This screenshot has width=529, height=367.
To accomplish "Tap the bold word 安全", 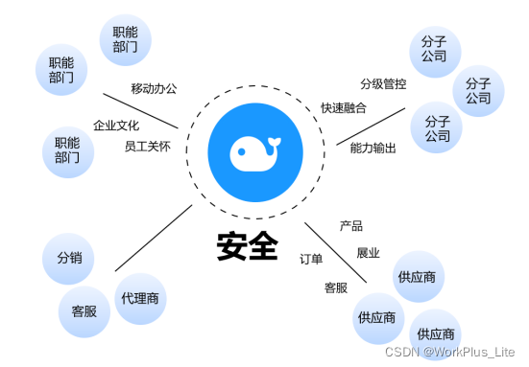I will pyautogui.click(x=247, y=246).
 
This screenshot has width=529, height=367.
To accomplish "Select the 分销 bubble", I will pyautogui.click(x=69, y=258).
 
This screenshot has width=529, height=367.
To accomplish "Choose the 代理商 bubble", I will pyautogui.click(x=139, y=298).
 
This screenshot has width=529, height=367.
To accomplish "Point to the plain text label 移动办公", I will pyautogui.click(x=154, y=89).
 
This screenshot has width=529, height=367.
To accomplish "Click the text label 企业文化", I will pyautogui.click(x=116, y=126).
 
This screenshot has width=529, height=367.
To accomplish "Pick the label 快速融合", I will pyautogui.click(x=344, y=107).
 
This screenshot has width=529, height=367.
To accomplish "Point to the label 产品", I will pyautogui.click(x=351, y=226).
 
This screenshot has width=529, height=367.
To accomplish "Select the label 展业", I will pyautogui.click(x=368, y=253).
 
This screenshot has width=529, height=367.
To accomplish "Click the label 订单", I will pyautogui.click(x=312, y=259).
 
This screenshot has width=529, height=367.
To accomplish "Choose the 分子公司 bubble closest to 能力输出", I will pyautogui.click(x=437, y=127).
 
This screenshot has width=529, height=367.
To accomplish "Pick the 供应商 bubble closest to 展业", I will pyautogui.click(x=421, y=278).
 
